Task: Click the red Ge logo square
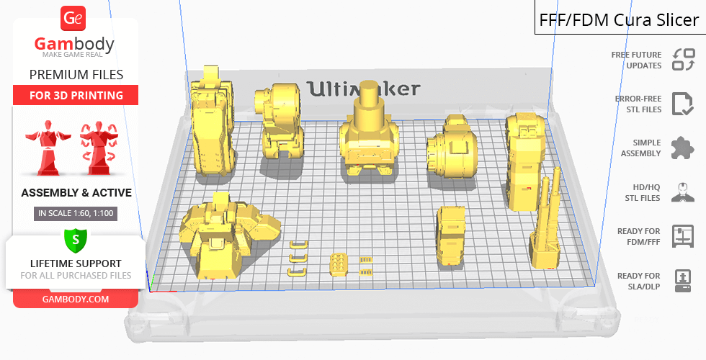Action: pos(73,19)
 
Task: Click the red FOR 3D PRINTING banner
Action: pos(76,95)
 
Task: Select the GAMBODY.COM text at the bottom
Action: pos(76,300)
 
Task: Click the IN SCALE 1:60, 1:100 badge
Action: pos(76,213)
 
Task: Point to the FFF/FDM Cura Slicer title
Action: pos(619,20)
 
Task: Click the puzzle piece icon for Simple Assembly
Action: pos(683,148)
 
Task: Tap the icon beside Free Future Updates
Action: pos(684,60)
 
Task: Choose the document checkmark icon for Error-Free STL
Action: pos(683,104)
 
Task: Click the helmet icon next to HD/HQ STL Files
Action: pos(683,192)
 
